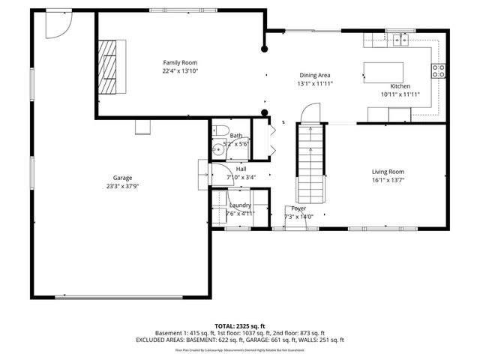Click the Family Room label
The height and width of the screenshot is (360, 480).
(180, 62)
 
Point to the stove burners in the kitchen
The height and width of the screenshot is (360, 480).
(438, 71)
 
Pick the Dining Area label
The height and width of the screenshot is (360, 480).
(315, 75)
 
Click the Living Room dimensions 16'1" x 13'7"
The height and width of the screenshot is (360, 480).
(388, 180)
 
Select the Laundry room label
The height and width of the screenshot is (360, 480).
(240, 205)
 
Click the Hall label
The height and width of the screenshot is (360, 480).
(241, 169)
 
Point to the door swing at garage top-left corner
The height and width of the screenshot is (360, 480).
(55, 27)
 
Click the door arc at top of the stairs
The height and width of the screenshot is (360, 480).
(309, 114)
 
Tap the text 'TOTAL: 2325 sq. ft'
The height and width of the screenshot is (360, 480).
(240, 325)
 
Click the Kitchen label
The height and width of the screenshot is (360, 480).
(400, 86)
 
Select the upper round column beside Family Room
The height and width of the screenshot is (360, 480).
(264, 49)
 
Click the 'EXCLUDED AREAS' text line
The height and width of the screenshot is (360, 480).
(240, 340)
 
